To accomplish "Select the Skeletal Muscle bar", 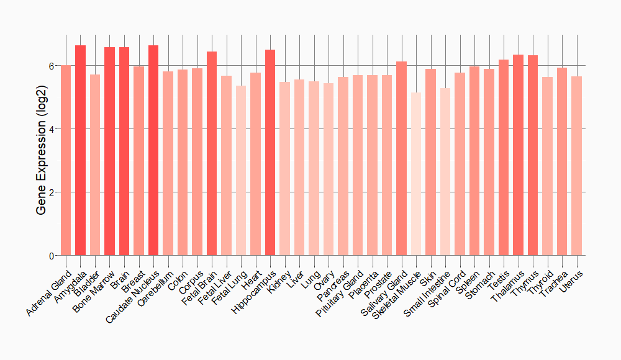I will [416, 174].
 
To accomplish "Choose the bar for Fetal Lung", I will [241, 171].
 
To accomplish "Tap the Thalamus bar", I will [519, 155].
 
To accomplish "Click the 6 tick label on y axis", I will [52, 66].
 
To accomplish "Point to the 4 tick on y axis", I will [52, 129].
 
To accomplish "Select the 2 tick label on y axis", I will [52, 192].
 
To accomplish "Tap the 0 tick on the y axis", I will [52, 256].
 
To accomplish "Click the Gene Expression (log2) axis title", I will [41, 160].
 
